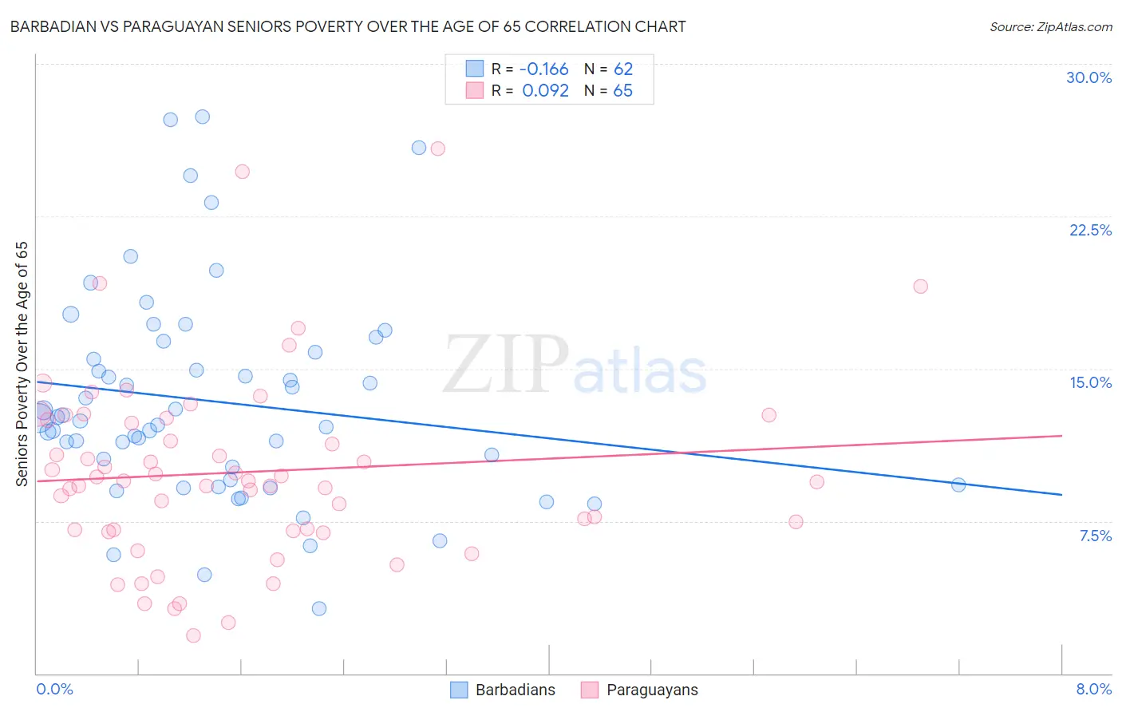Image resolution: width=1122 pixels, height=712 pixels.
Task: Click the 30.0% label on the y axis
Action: coord(1088,77)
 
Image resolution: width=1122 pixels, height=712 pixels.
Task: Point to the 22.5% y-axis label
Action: coord(1090,230)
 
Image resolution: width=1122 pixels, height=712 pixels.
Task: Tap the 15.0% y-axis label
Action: coord(1090,382)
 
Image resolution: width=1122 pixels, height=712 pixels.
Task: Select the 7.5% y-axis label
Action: coord(1095,536)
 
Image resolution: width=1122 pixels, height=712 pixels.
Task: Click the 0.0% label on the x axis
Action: coord(54,689)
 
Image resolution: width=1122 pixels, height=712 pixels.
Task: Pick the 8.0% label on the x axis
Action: coord(1093,689)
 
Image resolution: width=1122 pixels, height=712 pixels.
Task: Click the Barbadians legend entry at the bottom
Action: coord(503,690)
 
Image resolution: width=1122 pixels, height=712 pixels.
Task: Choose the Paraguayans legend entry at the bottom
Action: coord(639,690)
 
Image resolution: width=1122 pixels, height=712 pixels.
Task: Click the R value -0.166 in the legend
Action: coord(545,69)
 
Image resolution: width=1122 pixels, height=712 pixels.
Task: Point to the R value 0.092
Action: coord(545,90)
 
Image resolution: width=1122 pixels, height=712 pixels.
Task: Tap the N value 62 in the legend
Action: coord(623,69)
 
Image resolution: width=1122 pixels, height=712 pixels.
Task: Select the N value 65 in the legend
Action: coord(623,90)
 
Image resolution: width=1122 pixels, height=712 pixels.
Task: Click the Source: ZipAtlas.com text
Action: coord(1050,26)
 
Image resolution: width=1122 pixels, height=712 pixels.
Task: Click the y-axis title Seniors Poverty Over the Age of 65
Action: coord(22,363)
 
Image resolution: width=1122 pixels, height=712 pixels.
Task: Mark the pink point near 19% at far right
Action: coord(920,287)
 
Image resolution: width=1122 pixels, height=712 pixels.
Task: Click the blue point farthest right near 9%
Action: coord(958,485)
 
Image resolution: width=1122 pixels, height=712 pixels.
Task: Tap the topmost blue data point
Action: coord(203,117)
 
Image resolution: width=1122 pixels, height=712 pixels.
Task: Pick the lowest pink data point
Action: coord(193,635)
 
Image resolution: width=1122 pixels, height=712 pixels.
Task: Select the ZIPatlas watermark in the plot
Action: coord(575,366)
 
